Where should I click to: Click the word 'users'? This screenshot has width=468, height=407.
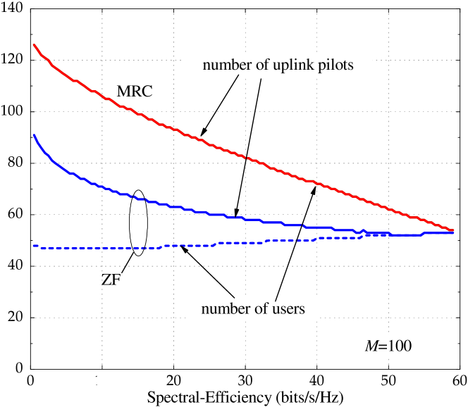tap(288, 308)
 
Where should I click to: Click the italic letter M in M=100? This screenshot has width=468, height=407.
tap(371, 346)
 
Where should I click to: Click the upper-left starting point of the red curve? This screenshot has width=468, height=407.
tap(34, 45)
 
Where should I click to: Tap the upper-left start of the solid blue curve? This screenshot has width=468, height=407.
tap(34, 134)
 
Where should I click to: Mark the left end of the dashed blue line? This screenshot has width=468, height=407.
tap(34, 246)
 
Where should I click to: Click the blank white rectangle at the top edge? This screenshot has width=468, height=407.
tap(263, 3)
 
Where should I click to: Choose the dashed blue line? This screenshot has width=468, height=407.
tap(106, 249)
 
